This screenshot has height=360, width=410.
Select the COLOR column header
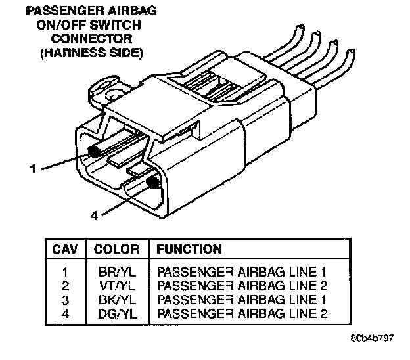[116, 250]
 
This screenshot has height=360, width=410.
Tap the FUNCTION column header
[189, 250]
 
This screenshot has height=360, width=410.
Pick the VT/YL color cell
[116, 284]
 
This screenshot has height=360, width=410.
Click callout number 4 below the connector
[94, 215]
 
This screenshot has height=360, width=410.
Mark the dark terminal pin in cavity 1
[93, 152]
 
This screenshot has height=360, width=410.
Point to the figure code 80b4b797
[372, 342]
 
